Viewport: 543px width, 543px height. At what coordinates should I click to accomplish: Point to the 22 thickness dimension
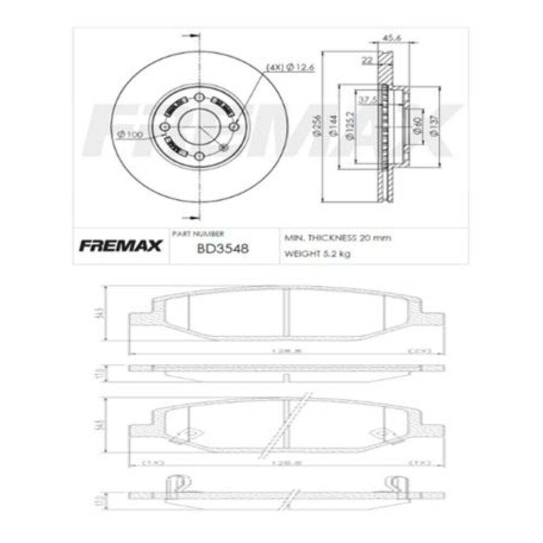[x=367, y=61]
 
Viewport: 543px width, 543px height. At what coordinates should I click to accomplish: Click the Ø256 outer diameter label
[x=315, y=127]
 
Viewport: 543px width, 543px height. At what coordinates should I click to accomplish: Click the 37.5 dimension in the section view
[x=368, y=99]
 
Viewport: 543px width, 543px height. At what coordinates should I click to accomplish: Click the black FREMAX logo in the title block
[x=120, y=246]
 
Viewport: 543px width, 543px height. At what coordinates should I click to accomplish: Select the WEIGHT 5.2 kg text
[x=318, y=254]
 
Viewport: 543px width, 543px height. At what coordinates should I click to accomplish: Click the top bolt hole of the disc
[x=199, y=97]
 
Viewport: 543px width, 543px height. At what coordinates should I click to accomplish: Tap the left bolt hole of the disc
[x=165, y=127]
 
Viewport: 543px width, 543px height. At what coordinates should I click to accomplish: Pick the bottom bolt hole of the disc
[x=199, y=157]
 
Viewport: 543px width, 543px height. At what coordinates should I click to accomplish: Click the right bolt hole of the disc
[x=235, y=127]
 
